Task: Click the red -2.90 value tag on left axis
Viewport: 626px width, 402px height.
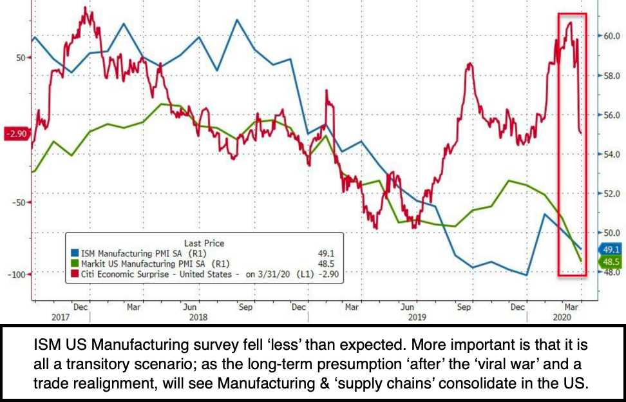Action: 15,134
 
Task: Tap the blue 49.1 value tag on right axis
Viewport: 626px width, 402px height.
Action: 611,249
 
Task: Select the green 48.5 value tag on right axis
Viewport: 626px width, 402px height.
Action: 611,262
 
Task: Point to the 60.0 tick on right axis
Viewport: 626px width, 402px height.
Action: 611,36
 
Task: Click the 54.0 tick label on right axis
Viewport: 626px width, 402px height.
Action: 611,155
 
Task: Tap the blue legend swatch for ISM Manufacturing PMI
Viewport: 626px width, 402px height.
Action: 75,253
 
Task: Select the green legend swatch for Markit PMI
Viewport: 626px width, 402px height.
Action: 75,263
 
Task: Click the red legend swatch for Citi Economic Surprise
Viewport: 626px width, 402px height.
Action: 75,274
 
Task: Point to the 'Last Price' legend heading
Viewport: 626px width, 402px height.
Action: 204,243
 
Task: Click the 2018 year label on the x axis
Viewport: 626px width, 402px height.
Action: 199,318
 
